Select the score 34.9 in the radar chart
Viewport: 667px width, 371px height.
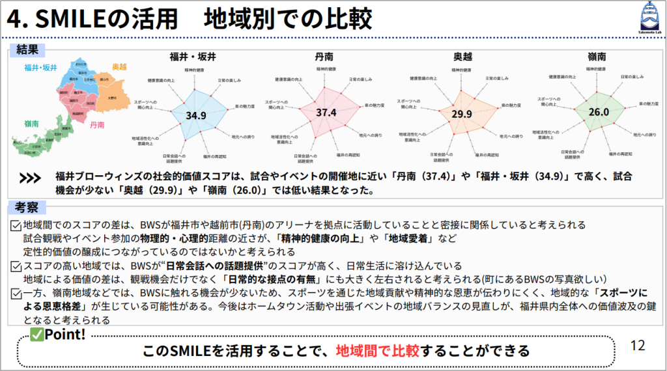195,115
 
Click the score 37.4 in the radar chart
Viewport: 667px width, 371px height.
326,113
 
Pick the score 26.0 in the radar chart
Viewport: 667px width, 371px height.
598,111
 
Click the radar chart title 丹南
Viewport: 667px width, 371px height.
324,56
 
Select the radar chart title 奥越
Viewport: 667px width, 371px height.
464,56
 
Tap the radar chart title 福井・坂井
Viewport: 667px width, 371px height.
193,56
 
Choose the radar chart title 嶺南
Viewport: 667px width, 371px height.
597,56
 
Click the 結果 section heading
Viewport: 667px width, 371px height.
27,49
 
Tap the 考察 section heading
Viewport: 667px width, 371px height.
27,207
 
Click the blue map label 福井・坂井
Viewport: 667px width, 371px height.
40,68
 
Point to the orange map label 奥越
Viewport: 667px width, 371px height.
119,67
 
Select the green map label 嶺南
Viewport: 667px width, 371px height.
31,123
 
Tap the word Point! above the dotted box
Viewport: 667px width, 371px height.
65,335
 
